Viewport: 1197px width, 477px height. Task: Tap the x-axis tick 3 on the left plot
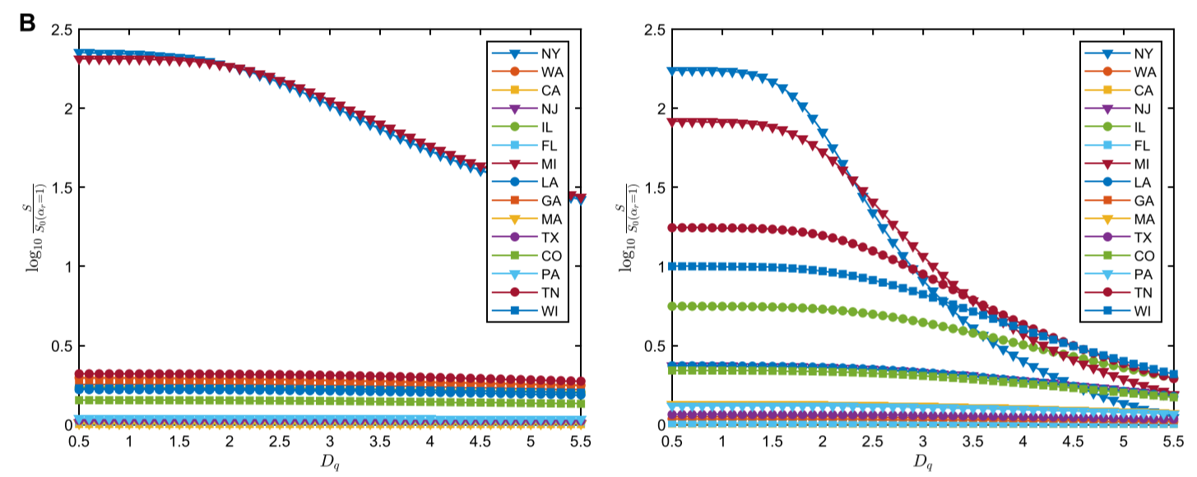click(330, 442)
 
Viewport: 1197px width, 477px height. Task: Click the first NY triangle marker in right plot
click(672, 71)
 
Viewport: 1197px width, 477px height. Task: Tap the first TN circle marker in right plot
click(672, 227)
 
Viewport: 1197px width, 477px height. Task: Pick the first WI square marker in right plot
click(672, 266)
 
